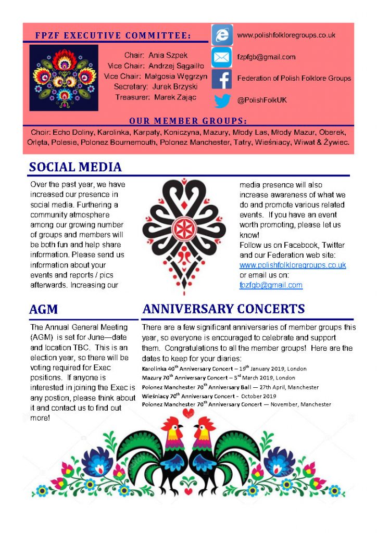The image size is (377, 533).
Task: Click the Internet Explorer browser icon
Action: point(222,35)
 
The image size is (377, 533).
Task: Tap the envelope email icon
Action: point(222,57)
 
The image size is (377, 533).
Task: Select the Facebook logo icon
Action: point(222,79)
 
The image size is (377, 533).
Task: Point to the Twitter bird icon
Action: point(222,100)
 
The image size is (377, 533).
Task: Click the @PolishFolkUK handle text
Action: point(261,100)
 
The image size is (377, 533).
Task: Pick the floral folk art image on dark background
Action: point(64,78)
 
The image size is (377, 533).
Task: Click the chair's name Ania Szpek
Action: point(166,55)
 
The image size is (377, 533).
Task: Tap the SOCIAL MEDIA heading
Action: point(76,168)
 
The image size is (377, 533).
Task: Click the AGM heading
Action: point(44,309)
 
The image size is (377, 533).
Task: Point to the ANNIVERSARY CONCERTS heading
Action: point(223,309)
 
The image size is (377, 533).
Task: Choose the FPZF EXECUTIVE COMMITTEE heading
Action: point(113,36)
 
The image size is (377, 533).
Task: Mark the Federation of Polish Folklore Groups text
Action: point(294,79)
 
